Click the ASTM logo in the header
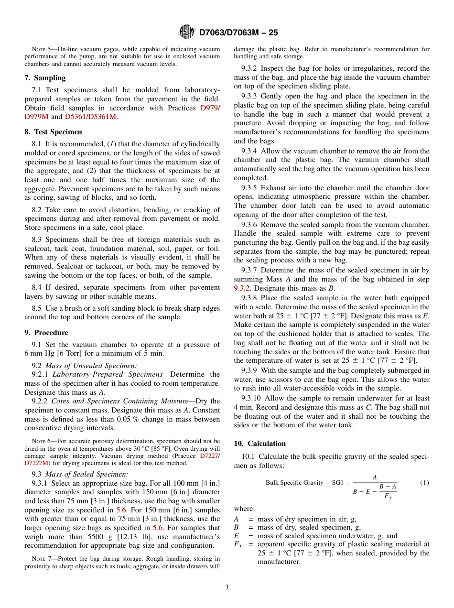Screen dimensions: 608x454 [x=186, y=32]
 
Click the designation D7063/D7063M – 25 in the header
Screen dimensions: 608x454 [x=238, y=33]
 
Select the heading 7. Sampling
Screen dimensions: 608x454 [x=45, y=78]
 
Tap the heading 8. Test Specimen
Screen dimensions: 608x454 [x=53, y=132]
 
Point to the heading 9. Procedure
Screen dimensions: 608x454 [x=46, y=333]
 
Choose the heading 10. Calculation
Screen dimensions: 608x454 [x=259, y=444]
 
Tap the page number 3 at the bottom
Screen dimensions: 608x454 [x=227, y=587]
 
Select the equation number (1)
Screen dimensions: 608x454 [x=424, y=483]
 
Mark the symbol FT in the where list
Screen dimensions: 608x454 [x=238, y=545]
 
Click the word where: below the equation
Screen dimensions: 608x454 [x=244, y=509]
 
